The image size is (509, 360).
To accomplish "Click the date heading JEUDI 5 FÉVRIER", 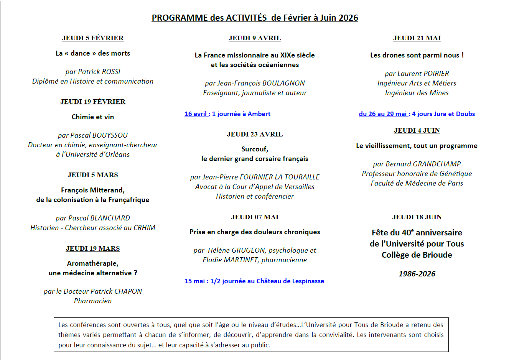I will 93,38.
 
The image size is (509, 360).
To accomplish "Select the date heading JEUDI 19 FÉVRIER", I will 93,102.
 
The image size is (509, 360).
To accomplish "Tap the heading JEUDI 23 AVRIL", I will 255,134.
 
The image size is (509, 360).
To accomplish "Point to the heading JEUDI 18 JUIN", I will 417,217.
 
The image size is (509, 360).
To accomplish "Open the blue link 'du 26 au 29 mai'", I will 383,114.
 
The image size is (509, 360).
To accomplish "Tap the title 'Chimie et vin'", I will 93,117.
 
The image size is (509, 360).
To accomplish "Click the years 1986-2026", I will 417,274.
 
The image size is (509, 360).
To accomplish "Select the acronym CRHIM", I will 144,228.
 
